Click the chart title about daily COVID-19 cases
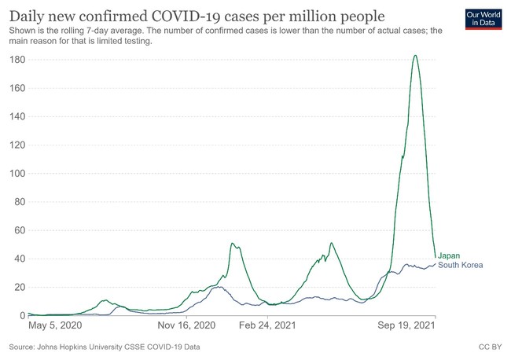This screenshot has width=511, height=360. pos(196,15)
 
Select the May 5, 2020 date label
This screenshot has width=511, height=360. pos(56,324)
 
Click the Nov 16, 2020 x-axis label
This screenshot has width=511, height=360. pos(186,324)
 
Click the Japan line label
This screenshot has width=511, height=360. pos(449,255)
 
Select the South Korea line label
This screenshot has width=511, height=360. pos(460,265)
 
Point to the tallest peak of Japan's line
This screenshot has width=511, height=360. pos(415,55)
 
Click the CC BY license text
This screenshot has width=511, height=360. pos(490,346)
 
